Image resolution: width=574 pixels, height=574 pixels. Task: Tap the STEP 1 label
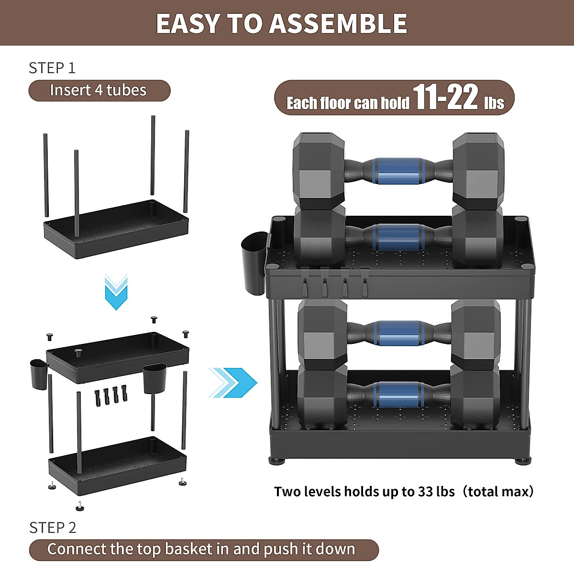[52, 68]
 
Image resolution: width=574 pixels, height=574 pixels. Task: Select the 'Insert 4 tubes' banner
[99, 90]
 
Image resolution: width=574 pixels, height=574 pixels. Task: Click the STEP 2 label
[53, 528]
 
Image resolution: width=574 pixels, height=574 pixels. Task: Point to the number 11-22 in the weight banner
[445, 97]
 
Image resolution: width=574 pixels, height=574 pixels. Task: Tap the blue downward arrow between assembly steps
[116, 292]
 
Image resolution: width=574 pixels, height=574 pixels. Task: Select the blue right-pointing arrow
[233, 383]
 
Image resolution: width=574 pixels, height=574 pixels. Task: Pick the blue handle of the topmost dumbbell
[398, 171]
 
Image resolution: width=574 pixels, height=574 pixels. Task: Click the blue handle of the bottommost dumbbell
[398, 395]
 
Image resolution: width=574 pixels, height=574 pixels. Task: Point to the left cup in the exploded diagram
[39, 373]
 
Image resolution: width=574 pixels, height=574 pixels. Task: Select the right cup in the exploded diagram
[155, 378]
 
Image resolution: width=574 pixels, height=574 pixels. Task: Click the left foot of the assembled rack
[277, 461]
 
